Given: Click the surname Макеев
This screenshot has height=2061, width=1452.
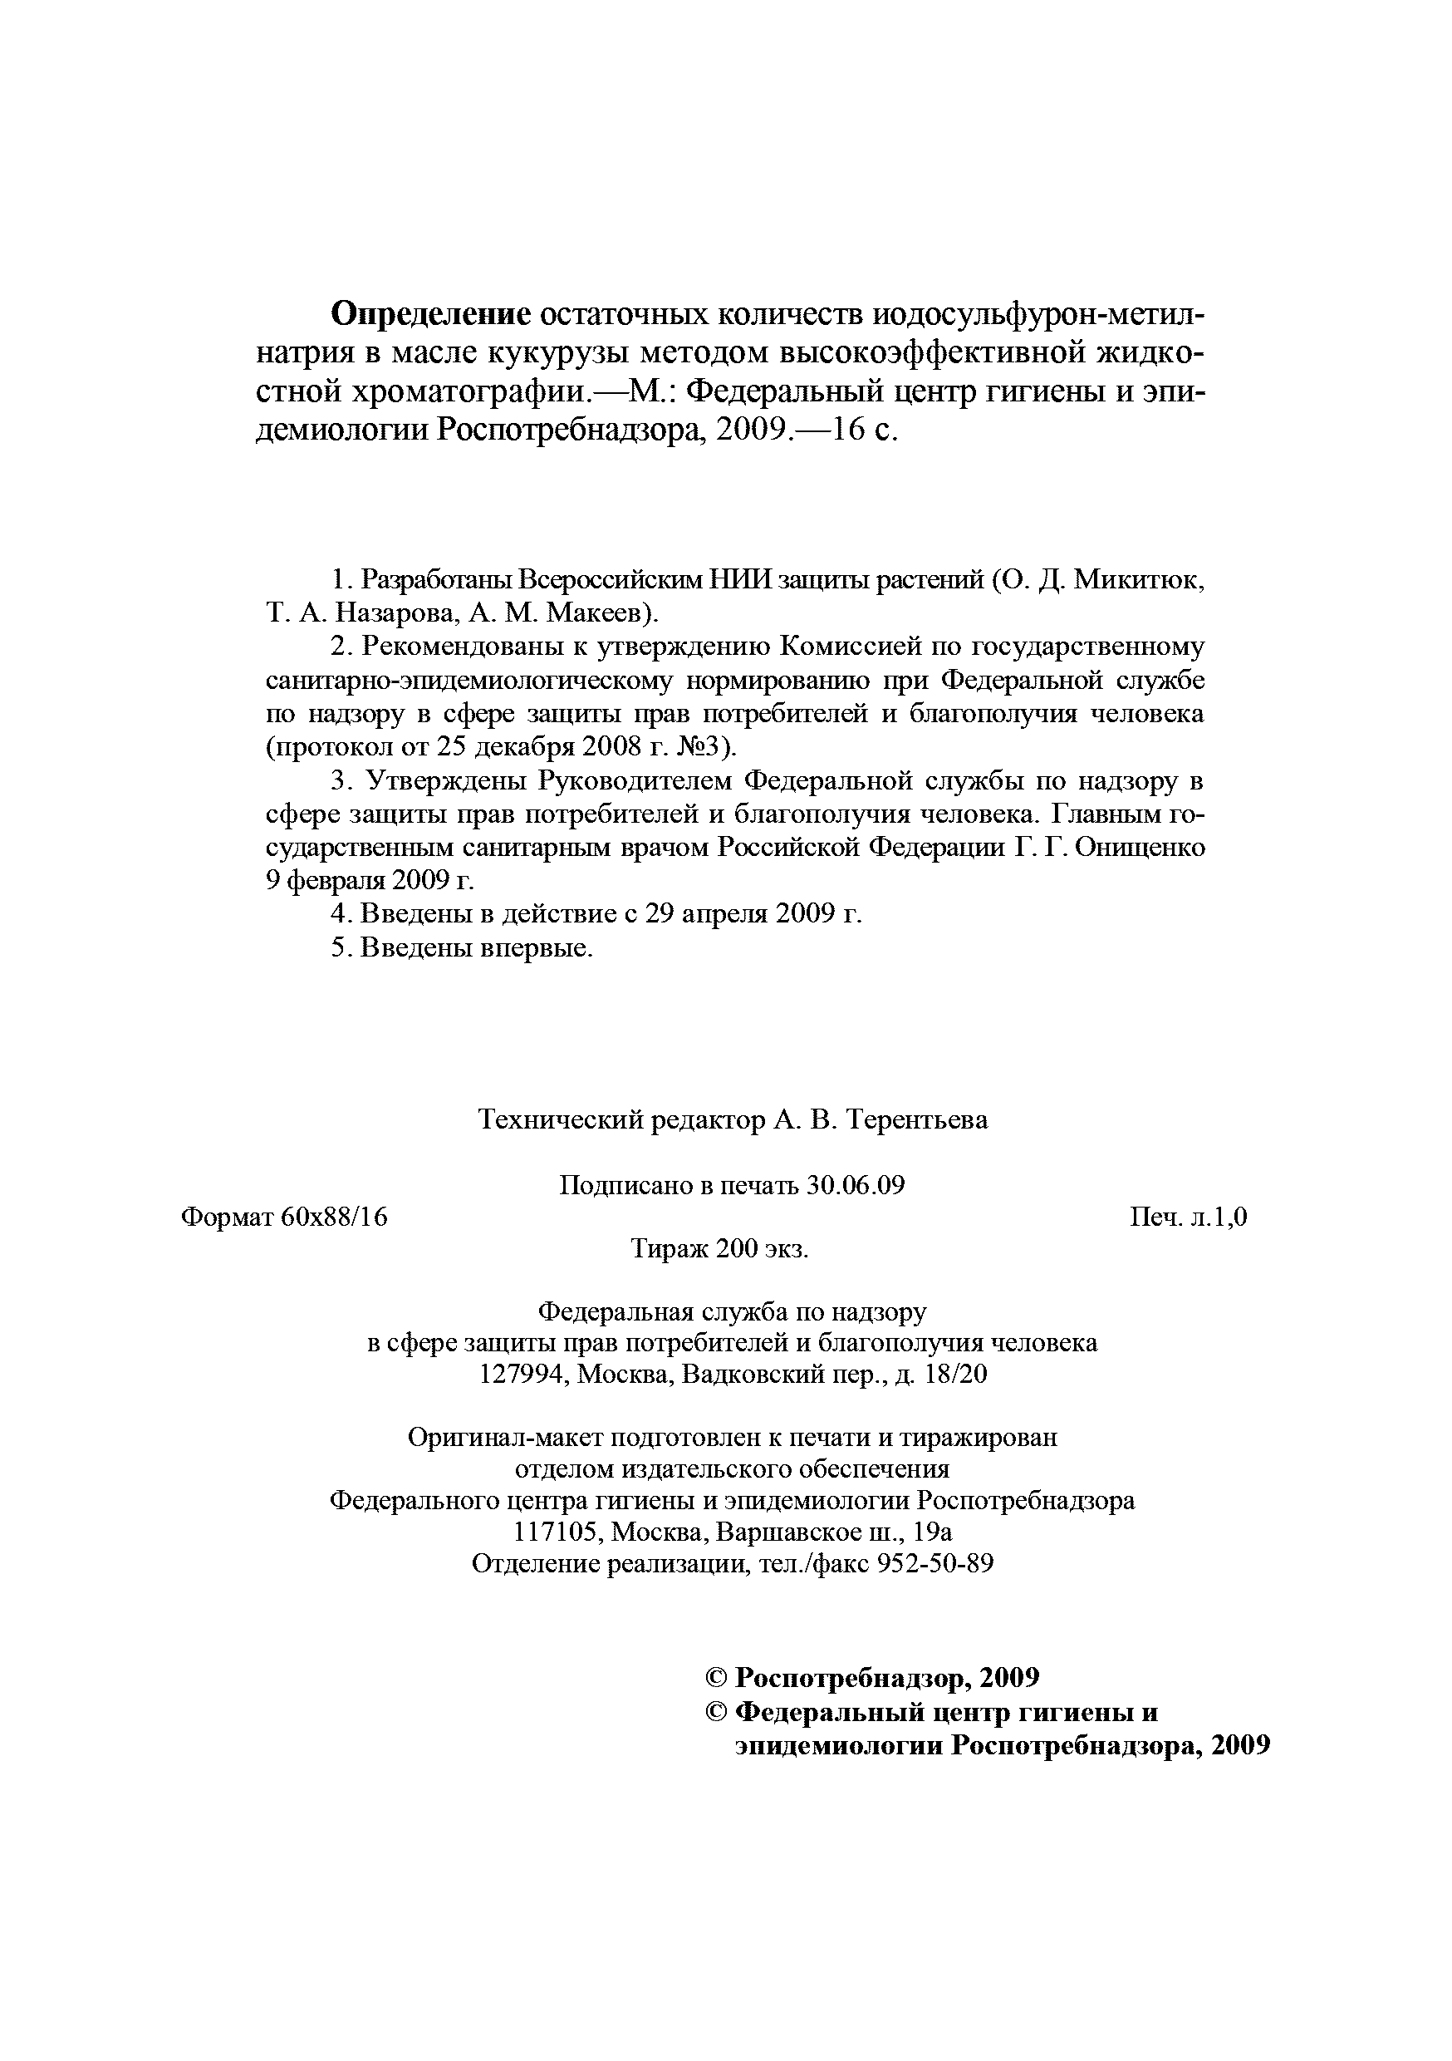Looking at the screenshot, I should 596,613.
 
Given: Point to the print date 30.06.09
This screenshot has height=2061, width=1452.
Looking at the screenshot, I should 856,1186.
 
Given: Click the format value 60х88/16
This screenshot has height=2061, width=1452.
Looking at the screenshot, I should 333,1217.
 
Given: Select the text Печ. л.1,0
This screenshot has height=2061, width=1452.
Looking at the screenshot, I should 1188,1217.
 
